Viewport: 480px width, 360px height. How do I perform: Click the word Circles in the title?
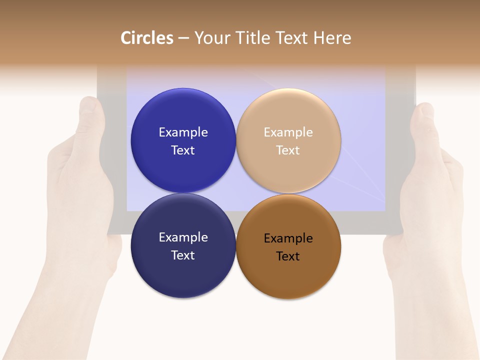(x=147, y=38)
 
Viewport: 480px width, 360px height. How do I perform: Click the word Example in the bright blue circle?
(x=183, y=132)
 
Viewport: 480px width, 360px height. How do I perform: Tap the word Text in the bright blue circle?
(x=183, y=150)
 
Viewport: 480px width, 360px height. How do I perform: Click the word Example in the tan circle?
(x=288, y=132)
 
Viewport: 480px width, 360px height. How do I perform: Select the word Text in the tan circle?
(x=288, y=150)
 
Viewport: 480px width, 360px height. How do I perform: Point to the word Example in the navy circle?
(x=183, y=237)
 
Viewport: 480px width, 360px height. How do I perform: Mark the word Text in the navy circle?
(x=183, y=255)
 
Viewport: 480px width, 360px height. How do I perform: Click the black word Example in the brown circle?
(x=288, y=238)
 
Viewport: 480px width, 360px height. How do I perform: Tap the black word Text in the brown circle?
(x=288, y=256)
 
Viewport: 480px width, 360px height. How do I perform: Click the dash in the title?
(x=183, y=38)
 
